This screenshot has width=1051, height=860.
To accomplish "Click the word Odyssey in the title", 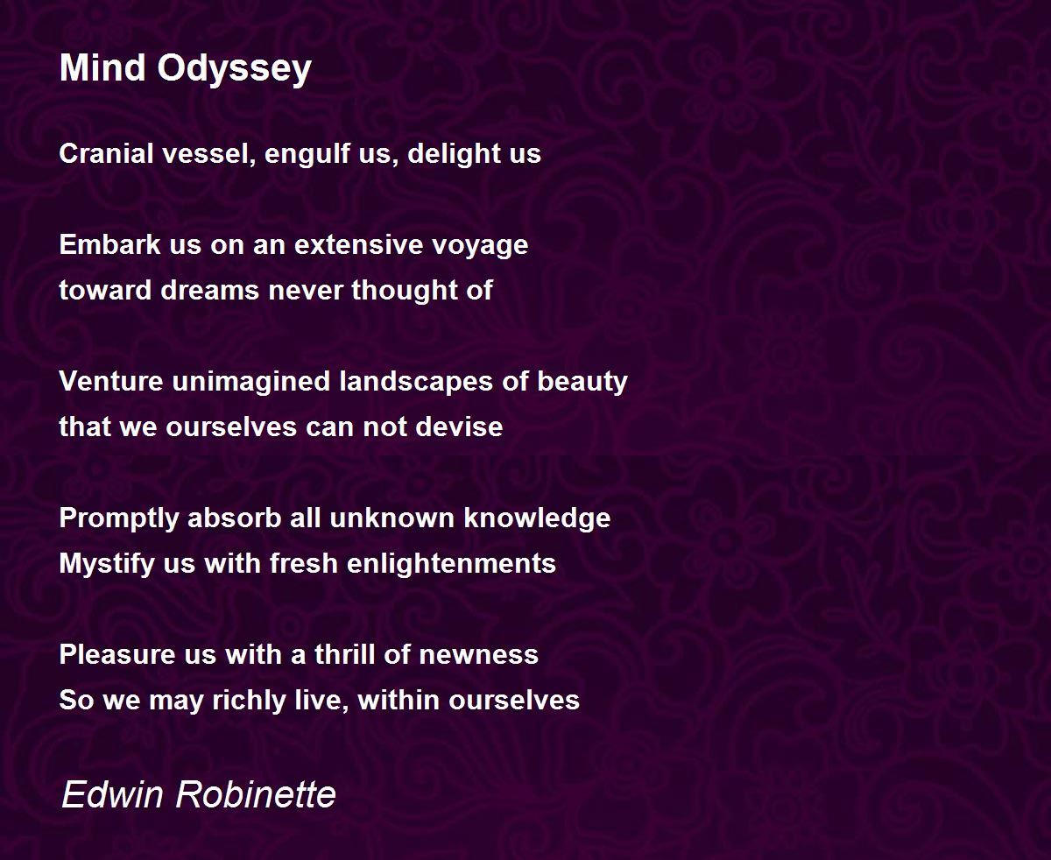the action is pyautogui.click(x=234, y=69).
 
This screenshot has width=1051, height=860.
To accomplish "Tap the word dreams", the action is pyautogui.click(x=210, y=290).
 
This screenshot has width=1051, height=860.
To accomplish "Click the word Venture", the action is pyautogui.click(x=110, y=381).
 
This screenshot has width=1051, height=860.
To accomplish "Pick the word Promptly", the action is pyautogui.click(x=119, y=519).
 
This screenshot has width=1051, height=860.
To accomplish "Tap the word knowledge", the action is pyautogui.click(x=537, y=519).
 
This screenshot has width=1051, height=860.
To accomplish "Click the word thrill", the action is pyautogui.click(x=344, y=654).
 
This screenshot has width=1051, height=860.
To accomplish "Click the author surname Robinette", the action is pyautogui.click(x=256, y=794).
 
